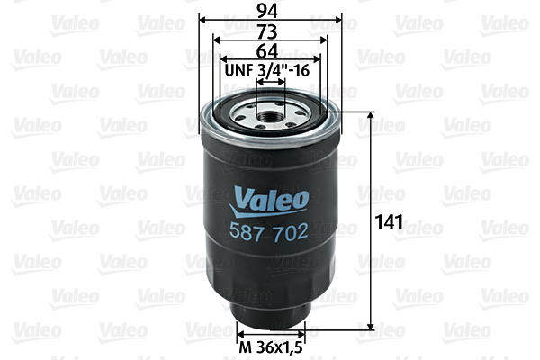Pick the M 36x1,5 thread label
[x=271, y=345]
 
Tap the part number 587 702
[x=271, y=230]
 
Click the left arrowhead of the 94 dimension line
[x=202, y=20]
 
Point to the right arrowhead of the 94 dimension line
[x=339, y=20]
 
